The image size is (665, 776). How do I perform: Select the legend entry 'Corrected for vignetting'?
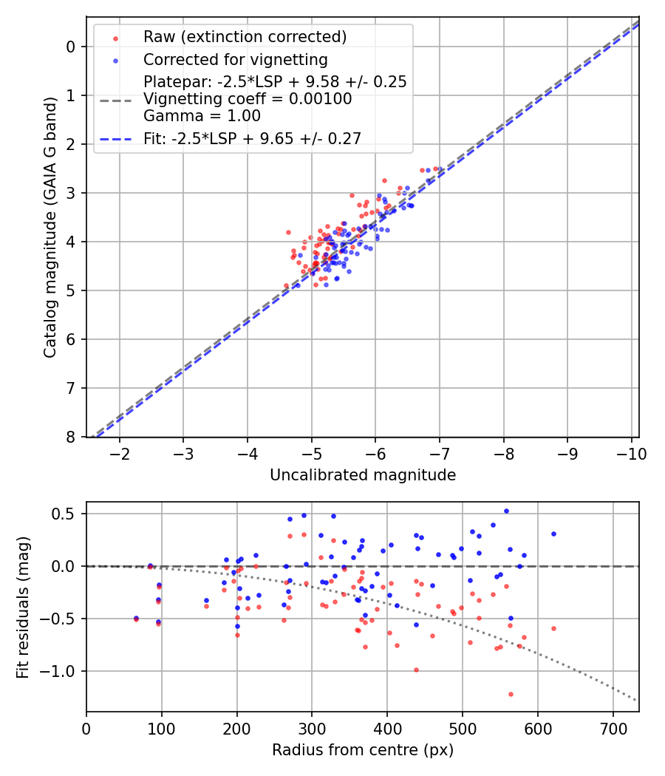click(x=236, y=59)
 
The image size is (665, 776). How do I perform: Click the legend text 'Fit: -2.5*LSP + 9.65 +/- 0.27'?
click(x=252, y=138)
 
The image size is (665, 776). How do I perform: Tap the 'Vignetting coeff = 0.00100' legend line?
click(x=248, y=99)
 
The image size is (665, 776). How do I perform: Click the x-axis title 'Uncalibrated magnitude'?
click(x=363, y=475)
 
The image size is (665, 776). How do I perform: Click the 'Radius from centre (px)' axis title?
click(x=363, y=750)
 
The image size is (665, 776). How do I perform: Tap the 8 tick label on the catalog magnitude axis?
click(x=71, y=437)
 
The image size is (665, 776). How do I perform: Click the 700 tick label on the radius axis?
click(x=613, y=729)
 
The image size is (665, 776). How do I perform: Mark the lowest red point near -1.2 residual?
click(x=511, y=694)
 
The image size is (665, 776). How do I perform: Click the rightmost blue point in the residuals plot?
click(x=553, y=534)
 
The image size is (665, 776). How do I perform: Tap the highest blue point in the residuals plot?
click(x=506, y=511)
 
